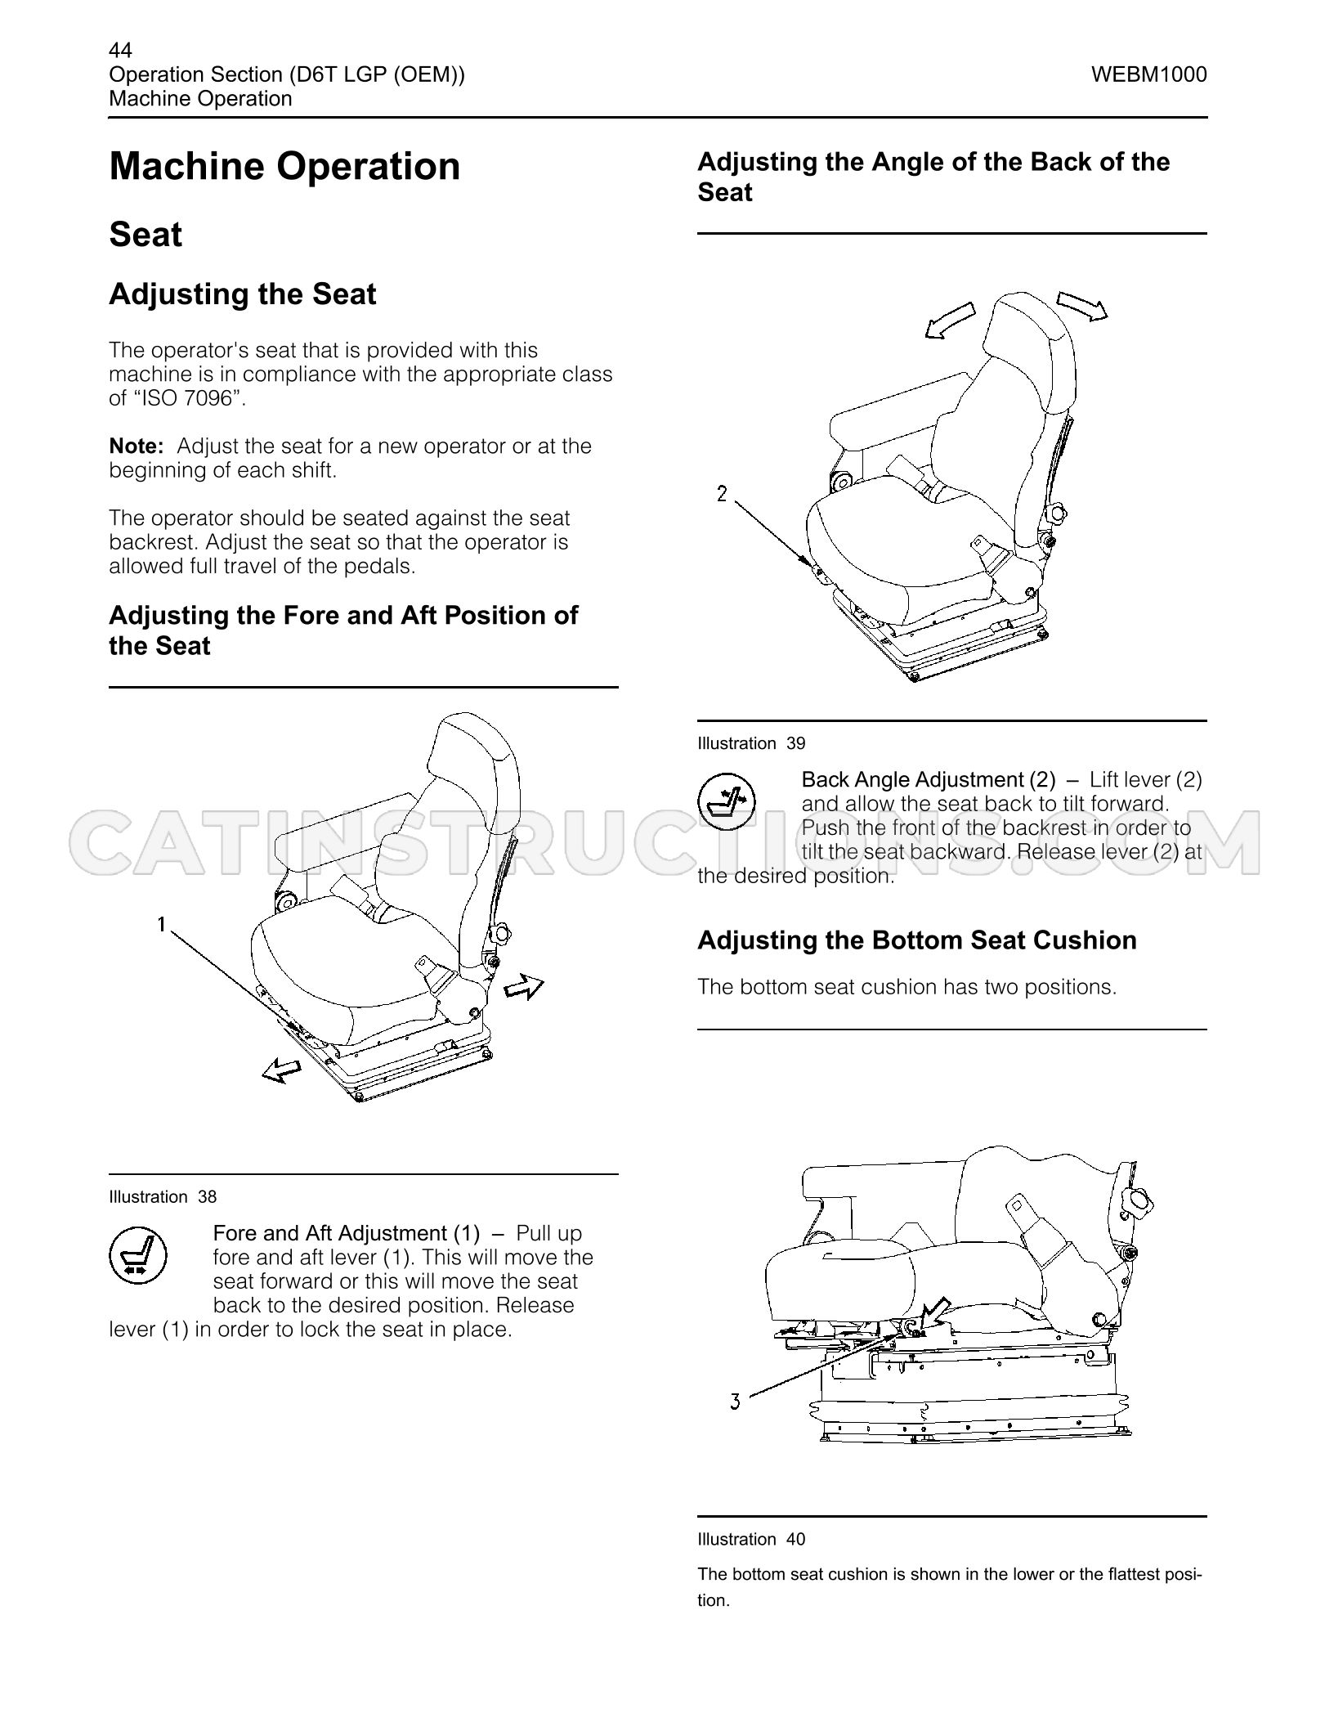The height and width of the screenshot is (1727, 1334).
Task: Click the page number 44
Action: coord(120,51)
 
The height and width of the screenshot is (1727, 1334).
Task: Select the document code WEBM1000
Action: coord(1148,74)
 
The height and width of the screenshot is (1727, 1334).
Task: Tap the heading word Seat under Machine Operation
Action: coord(145,235)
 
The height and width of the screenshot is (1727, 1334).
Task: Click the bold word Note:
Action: coord(137,446)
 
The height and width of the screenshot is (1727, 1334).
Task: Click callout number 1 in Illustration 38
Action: coord(162,924)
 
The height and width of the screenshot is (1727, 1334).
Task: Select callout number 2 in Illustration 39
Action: coord(722,494)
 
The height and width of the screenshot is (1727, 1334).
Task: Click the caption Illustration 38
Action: coord(163,1197)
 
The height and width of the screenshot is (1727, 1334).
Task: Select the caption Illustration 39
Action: coord(751,743)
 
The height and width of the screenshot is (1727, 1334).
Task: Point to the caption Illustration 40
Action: coord(751,1540)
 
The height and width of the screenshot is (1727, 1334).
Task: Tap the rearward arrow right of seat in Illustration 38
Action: coord(524,986)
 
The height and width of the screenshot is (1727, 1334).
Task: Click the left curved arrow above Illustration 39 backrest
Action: coord(950,320)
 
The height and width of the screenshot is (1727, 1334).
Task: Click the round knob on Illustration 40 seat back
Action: coord(1137,1201)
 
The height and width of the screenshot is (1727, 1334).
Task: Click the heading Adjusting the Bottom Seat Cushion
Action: coord(917,940)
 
